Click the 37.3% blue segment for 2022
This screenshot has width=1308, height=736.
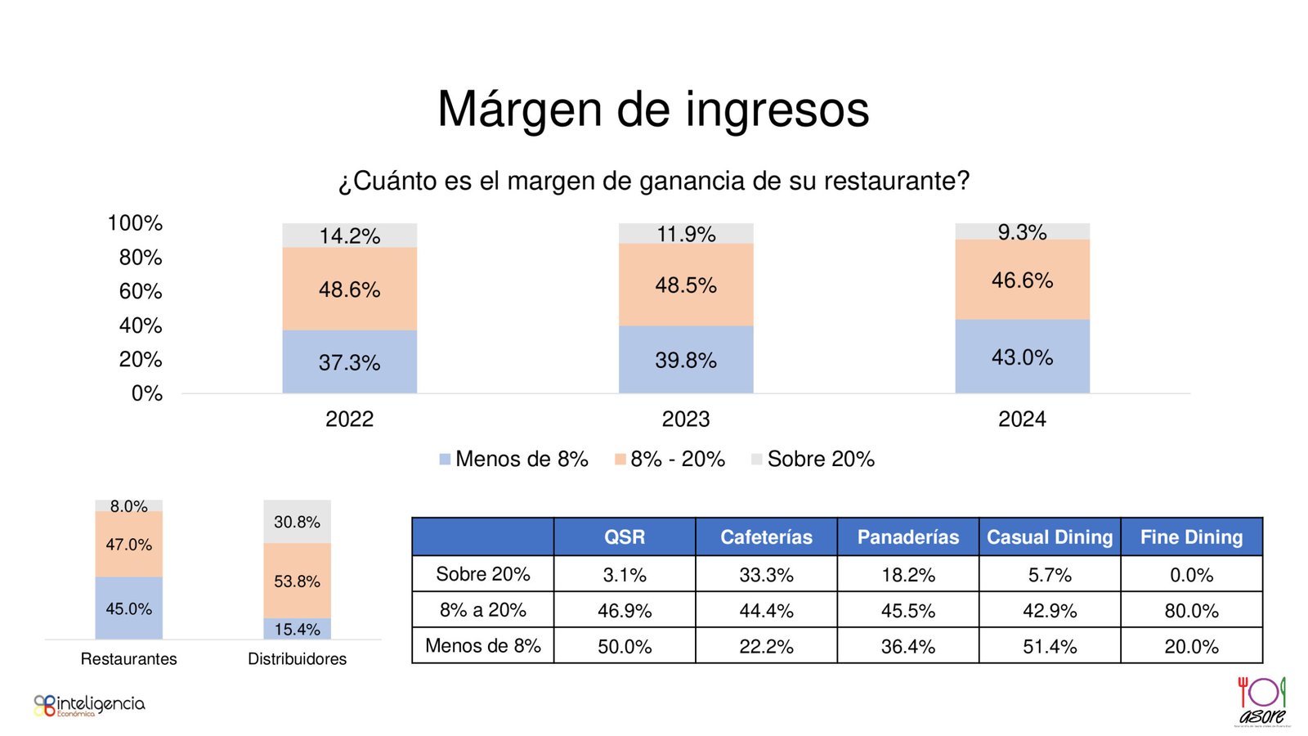(349, 361)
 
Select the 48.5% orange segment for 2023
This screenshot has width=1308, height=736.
(685, 285)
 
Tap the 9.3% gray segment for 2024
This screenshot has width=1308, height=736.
(1022, 232)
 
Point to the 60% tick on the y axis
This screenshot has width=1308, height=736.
(141, 291)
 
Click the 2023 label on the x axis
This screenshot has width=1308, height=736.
(685, 419)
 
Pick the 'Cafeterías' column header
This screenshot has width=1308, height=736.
(766, 536)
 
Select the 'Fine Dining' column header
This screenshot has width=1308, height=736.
(1191, 536)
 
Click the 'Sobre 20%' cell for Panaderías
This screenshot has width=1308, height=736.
(907, 574)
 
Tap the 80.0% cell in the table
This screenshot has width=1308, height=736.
(1191, 610)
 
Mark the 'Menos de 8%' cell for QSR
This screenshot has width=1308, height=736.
(625, 646)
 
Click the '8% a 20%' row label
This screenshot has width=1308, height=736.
(482, 610)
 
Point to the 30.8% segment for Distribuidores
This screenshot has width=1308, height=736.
(297, 522)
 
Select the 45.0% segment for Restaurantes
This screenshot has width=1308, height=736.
(128, 608)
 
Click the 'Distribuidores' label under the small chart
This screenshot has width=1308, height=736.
(297, 658)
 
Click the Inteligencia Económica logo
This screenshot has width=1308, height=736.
(89, 705)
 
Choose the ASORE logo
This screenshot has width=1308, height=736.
(1262, 701)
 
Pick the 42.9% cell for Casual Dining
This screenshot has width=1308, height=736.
(1050, 610)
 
